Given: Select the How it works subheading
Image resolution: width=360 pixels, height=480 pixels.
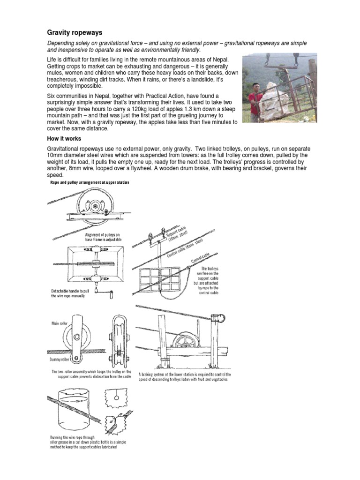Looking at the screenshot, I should pos(64,139).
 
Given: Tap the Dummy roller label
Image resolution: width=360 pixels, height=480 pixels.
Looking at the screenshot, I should pos(60,359).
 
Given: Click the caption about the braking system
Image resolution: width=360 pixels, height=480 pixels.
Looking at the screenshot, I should pos(183,377).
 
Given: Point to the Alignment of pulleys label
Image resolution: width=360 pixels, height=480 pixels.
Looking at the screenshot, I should pos(104,236).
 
